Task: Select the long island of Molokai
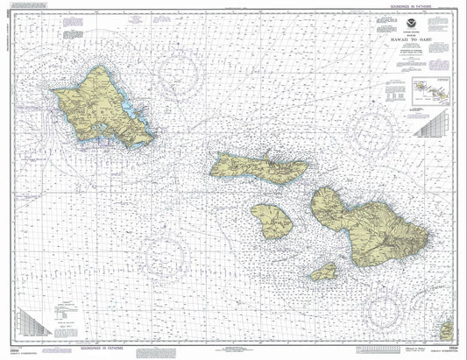tap(258, 165)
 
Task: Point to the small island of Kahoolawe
tap(324, 272)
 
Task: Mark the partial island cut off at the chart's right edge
tap(448, 331)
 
